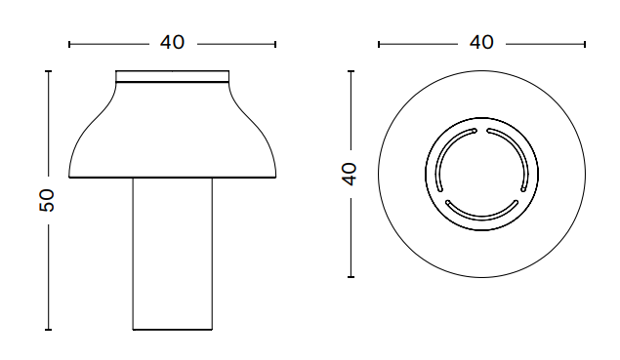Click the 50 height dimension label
coord(47,200)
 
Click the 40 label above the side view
coord(173,42)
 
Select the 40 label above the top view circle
coord(481,42)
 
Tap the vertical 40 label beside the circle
coord(350,174)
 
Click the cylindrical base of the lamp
coord(173,254)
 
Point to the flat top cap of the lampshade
coord(173,76)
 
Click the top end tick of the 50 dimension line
coord(48,71)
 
